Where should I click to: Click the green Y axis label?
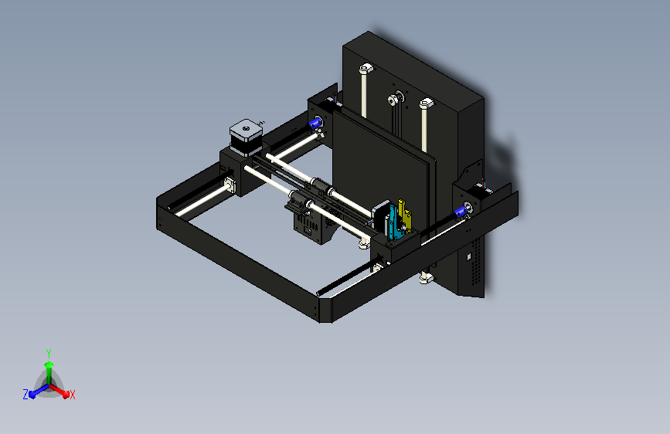coord(49,351)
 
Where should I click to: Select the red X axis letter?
coord(73,395)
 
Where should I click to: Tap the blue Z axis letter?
coord(26,395)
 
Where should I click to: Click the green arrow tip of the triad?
coord(49,364)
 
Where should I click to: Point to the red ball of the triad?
coord(66,393)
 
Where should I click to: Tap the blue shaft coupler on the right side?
coord(468,210)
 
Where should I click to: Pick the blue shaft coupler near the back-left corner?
coord(316,122)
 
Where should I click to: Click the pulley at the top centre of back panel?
coord(396,99)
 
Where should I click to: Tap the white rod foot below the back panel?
coord(424,277)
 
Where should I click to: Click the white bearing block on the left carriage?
coord(230,185)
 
